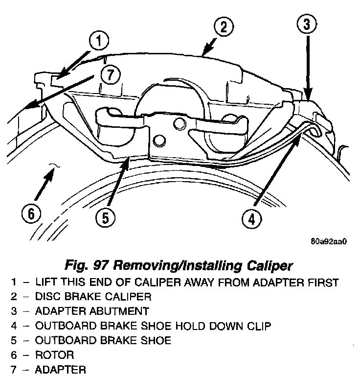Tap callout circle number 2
coord(223,27)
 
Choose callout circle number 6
coord(30,213)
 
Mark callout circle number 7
coord(110,75)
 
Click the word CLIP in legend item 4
coord(258,326)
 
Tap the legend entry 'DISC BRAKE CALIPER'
coord(93,296)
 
